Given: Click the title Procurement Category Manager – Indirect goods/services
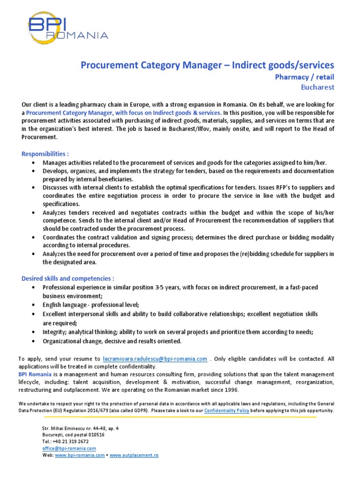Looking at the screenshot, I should point(208,65).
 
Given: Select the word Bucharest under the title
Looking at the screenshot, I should point(317,87).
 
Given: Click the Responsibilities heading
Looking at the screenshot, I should point(45,154).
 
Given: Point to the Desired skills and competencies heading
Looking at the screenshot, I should point(68,278).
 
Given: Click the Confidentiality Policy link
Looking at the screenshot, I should point(227,410).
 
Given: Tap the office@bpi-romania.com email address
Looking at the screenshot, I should point(69,448).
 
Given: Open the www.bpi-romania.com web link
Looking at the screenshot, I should point(80,455).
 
